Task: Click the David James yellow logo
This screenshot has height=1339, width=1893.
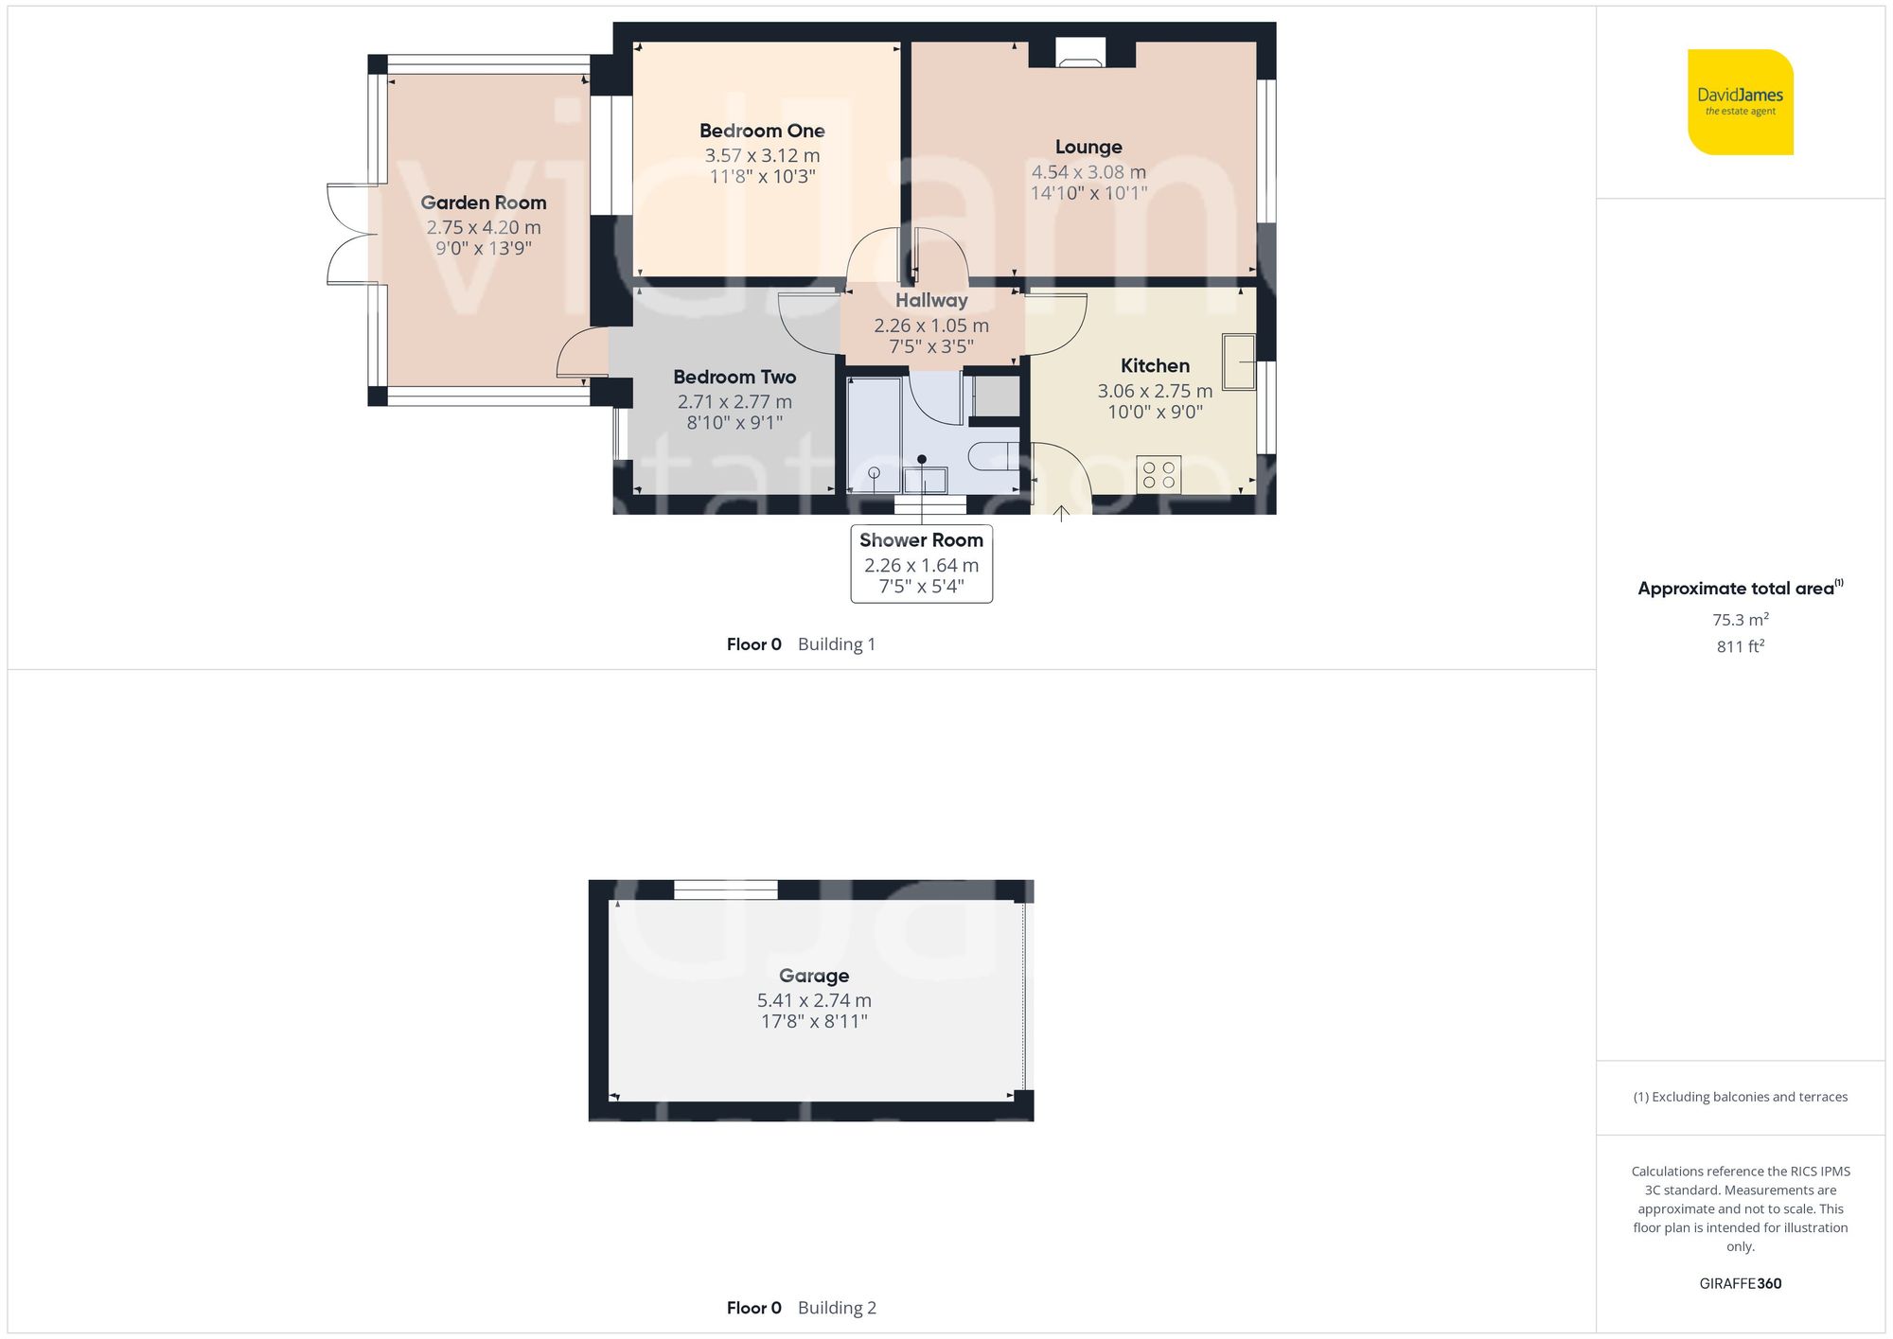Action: click(1740, 102)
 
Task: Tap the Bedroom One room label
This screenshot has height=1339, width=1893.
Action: click(762, 131)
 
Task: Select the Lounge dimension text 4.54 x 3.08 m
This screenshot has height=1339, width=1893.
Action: click(1088, 172)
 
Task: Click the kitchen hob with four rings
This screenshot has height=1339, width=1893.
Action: click(1159, 474)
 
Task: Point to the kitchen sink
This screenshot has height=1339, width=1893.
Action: click(1238, 361)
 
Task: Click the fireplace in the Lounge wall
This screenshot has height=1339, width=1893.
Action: click(1080, 54)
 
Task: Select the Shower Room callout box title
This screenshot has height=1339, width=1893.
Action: click(921, 540)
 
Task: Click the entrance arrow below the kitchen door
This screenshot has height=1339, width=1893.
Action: click(1062, 514)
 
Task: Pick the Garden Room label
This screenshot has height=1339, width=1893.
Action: click(483, 203)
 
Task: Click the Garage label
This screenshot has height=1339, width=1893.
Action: click(814, 976)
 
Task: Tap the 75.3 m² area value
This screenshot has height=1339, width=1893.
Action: click(1740, 620)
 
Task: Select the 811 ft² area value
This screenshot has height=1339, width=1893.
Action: click(1740, 646)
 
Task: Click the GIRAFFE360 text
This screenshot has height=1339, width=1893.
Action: click(1740, 1283)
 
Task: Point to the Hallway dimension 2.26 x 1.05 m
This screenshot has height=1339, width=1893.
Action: click(931, 326)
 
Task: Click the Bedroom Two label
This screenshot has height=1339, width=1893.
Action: click(734, 377)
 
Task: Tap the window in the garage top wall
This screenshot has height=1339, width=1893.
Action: click(725, 890)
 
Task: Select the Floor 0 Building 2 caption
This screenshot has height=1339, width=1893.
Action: click(801, 1308)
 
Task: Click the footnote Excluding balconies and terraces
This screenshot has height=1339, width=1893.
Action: click(1740, 1097)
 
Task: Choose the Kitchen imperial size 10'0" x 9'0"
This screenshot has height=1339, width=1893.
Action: click(1155, 412)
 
